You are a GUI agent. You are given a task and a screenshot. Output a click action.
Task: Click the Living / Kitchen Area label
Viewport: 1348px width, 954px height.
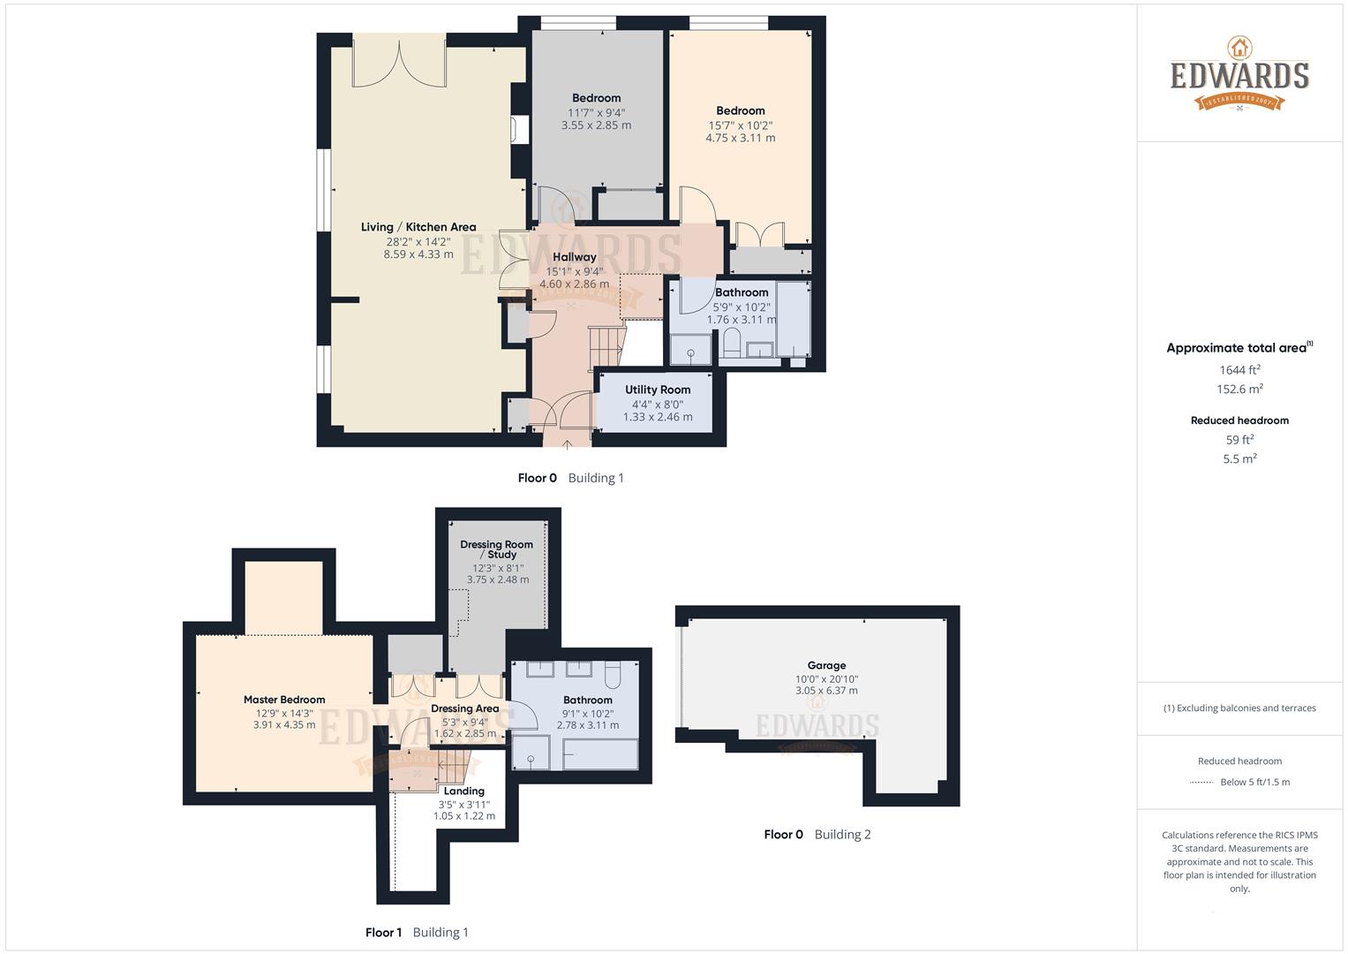(418, 227)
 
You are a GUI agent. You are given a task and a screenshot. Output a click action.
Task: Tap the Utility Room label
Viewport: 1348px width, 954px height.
(658, 390)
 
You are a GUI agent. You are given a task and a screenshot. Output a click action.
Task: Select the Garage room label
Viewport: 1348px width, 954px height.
(826, 666)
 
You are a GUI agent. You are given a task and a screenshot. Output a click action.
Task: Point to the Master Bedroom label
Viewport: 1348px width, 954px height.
(284, 700)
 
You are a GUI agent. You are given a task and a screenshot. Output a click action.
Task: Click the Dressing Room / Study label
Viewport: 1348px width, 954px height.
(496, 549)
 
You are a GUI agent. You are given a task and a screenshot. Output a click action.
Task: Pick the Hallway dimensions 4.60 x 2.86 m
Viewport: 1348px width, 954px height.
(574, 284)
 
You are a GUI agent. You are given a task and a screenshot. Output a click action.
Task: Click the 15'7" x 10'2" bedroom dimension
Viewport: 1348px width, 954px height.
(740, 125)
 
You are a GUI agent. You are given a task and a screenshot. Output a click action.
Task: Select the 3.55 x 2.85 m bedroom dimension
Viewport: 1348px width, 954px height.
(596, 125)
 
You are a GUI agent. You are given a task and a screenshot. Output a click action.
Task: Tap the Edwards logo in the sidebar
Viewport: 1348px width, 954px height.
(1239, 74)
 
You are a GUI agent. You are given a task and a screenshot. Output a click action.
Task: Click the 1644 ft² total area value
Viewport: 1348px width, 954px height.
(1239, 370)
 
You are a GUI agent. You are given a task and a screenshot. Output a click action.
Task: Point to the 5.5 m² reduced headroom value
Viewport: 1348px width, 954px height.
(1239, 459)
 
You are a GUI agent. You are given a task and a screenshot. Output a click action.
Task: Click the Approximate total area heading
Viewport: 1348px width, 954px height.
(1239, 348)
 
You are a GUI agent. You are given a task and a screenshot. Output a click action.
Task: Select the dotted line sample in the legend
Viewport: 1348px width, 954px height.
(1201, 783)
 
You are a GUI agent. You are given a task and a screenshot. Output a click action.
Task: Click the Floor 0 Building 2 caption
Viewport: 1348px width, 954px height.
(817, 835)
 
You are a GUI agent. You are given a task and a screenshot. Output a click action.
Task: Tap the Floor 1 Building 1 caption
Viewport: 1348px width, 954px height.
(417, 933)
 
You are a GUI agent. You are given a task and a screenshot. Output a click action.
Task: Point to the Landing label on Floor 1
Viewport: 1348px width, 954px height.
(463, 791)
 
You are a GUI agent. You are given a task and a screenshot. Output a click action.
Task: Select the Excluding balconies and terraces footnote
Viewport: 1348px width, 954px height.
(1239, 708)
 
